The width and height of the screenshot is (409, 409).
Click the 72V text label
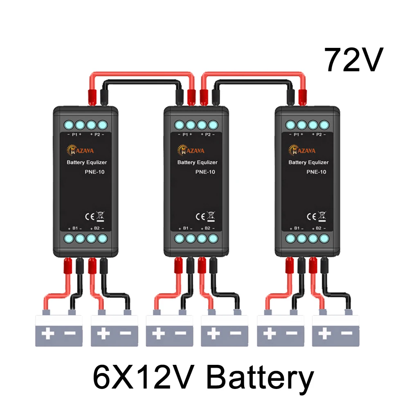tap(353, 60)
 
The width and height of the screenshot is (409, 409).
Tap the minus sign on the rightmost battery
tap(347, 334)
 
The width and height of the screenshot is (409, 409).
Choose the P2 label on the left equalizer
tap(98, 135)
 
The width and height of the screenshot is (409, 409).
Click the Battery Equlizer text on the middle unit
tap(197, 162)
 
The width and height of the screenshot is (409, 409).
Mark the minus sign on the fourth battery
tap(236, 334)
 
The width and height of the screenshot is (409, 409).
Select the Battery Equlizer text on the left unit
tap(87, 162)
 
